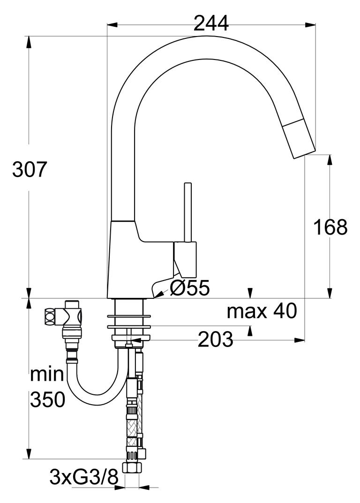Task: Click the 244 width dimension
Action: coord(211,23)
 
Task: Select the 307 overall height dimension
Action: coord(30,169)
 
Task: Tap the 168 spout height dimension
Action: coord(330,227)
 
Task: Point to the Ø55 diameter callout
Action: coord(189,288)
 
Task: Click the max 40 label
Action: coord(262,311)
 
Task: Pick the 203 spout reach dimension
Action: coord(215,340)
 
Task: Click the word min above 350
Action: coord(47,374)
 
